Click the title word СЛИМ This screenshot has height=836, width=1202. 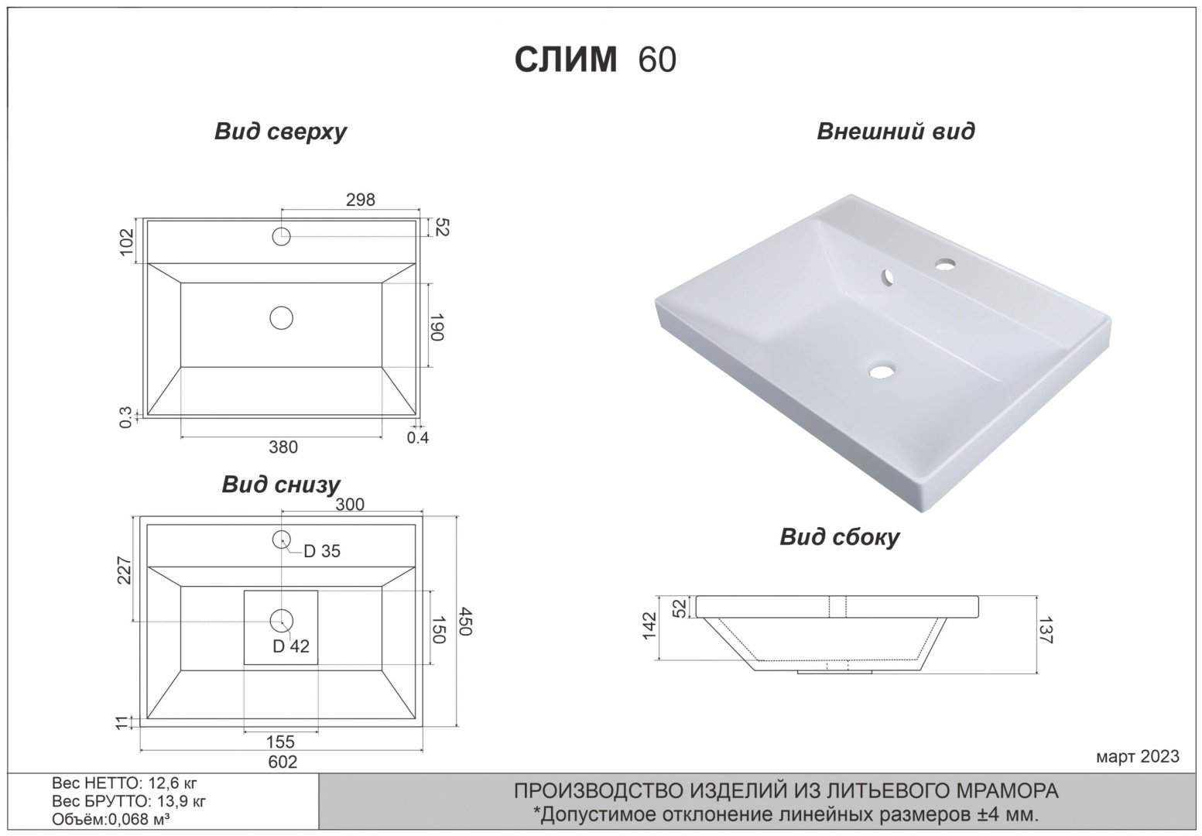pos(566,59)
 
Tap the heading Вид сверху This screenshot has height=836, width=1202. pos(280,132)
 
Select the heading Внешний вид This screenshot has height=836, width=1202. pos(896,131)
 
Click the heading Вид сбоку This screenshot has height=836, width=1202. pos(839,536)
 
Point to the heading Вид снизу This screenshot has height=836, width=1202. pos(280,485)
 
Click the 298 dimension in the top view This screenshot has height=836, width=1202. pos(360,200)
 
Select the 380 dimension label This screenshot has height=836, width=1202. pos(283,447)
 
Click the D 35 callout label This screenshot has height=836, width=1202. pos(321,551)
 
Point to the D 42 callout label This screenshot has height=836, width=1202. pos(291,646)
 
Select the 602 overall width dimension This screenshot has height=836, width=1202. pos(283,762)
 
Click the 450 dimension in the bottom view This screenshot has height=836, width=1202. pos(464,622)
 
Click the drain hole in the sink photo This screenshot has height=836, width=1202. pos(880,372)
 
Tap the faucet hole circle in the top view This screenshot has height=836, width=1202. pos(281,235)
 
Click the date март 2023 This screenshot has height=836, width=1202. pos(1138,756)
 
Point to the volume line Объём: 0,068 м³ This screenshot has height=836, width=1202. pos(111,820)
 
